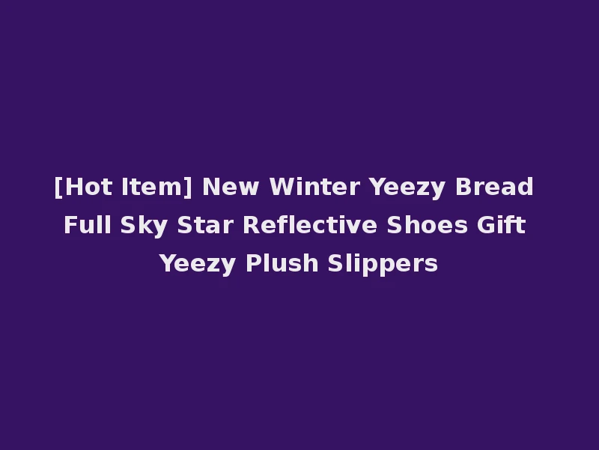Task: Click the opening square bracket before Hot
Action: [x=58, y=187]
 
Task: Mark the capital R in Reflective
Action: [x=249, y=226]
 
